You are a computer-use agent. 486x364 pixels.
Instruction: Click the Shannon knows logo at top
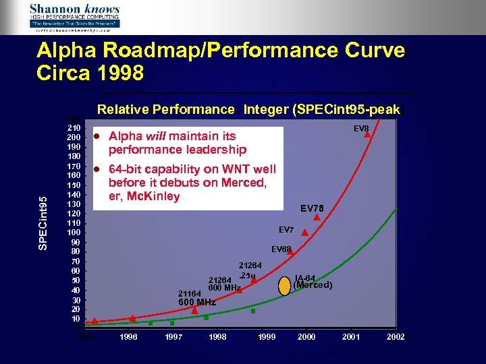(x=74, y=16)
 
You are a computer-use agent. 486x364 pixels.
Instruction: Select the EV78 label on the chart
(x=313, y=208)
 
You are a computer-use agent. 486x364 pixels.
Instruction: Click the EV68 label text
(x=281, y=249)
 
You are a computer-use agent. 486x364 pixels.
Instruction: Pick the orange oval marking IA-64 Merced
(x=284, y=285)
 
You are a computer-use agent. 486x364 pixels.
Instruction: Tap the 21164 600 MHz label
(x=196, y=298)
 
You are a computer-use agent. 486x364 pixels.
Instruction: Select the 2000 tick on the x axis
(x=306, y=336)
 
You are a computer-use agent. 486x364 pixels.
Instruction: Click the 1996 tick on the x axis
(x=130, y=336)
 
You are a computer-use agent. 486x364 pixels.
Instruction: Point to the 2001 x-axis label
(x=352, y=336)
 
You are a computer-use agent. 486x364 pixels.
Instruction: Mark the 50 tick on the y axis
(x=75, y=280)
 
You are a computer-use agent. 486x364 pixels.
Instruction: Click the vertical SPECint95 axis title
(x=43, y=222)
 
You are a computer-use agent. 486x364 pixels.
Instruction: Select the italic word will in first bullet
(x=155, y=136)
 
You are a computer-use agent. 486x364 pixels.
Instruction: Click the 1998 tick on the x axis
(x=218, y=336)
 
